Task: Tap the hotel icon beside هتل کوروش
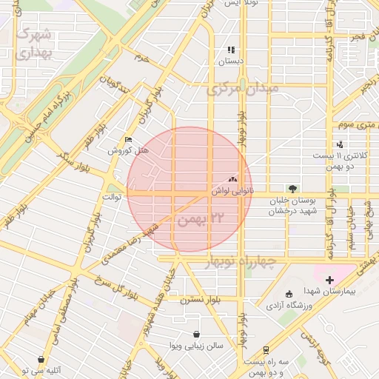pos(129,140)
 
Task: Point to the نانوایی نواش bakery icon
pos(232,179)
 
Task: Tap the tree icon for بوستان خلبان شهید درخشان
pos(292,189)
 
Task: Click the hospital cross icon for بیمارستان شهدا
pos(329,280)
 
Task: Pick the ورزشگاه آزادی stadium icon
pos(288,294)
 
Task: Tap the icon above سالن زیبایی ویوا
pos(195,335)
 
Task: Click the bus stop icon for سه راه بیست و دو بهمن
pos(266,349)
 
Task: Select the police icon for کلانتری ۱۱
pos(340,144)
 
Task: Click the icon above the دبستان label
pos(231,50)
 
